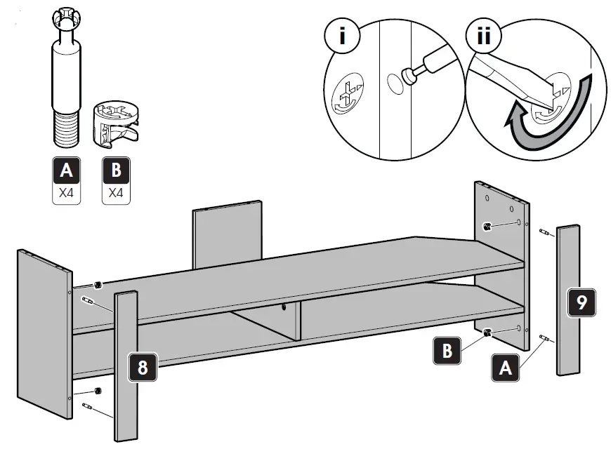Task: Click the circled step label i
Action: click(342, 36)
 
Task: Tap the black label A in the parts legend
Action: click(67, 171)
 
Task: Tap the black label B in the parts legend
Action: click(116, 171)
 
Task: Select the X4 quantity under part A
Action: click(67, 194)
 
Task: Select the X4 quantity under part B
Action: click(116, 194)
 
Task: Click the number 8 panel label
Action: click(143, 368)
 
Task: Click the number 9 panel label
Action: click(582, 304)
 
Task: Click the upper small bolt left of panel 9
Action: click(544, 232)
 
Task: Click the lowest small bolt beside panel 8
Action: click(89, 408)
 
